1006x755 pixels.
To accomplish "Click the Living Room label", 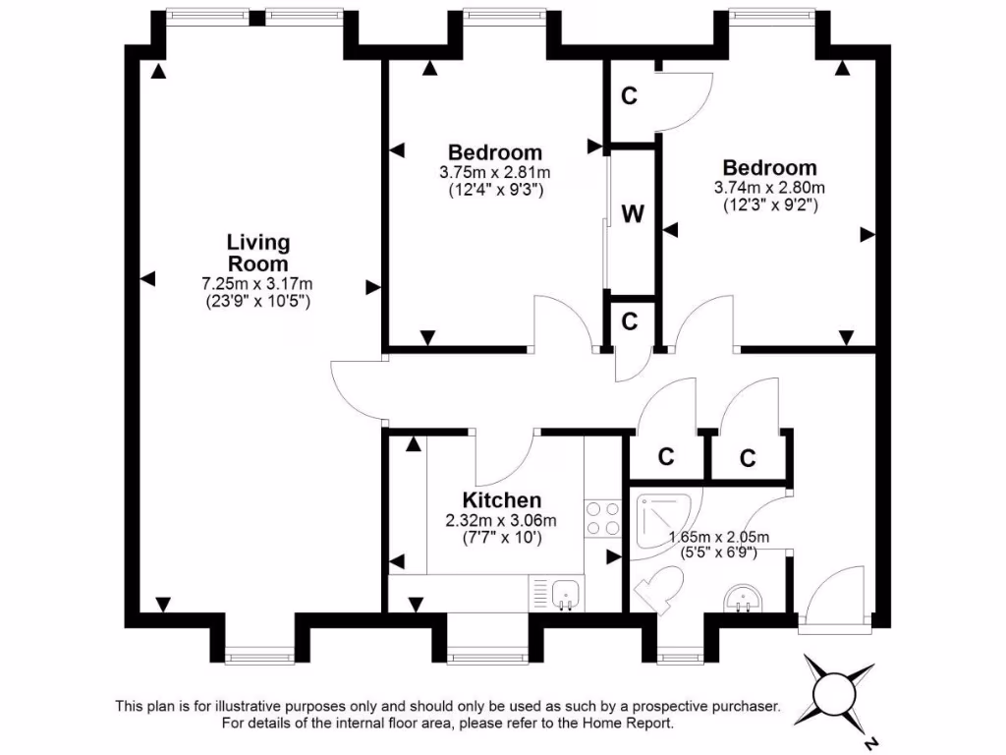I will (258, 253).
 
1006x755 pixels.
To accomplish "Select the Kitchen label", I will (502, 500).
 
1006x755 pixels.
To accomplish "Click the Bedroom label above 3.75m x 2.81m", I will (495, 152).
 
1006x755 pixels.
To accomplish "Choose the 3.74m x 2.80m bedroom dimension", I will (769, 188).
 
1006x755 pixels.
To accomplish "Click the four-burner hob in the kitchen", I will (602, 519).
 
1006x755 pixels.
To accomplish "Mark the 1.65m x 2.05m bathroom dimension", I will (718, 537).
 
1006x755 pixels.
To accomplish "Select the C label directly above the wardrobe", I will (630, 96).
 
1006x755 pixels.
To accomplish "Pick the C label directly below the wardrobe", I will (630, 321).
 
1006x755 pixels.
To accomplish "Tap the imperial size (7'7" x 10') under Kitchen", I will (502, 538).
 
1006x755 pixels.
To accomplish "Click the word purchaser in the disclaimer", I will (742, 706).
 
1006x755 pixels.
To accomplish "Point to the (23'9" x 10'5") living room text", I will (258, 302).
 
